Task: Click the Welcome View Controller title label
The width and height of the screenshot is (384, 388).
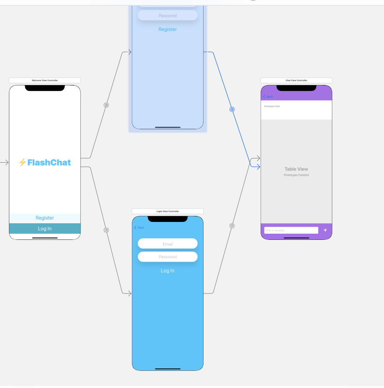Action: (45, 81)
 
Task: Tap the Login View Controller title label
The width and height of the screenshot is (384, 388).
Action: (168, 212)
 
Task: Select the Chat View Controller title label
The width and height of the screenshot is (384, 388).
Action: (296, 81)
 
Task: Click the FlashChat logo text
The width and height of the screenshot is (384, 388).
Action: (49, 163)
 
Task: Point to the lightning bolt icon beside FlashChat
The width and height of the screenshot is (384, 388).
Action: (22, 163)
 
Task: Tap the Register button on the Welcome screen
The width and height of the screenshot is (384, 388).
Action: (45, 218)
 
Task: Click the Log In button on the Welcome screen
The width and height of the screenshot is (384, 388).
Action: (45, 228)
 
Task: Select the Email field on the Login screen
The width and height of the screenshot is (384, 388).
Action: (168, 244)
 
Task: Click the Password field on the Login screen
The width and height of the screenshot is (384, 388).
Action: (168, 257)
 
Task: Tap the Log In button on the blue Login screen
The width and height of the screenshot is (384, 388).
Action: (168, 271)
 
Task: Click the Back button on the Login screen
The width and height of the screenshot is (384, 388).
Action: (139, 228)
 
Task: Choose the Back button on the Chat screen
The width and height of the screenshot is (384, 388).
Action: (268, 97)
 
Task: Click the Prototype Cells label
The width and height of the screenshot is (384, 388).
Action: (272, 106)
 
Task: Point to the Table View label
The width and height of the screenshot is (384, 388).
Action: (296, 169)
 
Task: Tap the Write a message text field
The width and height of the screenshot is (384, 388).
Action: (291, 230)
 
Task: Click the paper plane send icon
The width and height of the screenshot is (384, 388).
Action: (325, 230)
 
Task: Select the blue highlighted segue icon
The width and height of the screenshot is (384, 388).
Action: (232, 110)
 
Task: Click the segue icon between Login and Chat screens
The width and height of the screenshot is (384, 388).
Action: (232, 226)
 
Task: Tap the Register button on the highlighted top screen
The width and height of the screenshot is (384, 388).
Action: (168, 29)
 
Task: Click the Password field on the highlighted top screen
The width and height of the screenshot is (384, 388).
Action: (168, 16)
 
